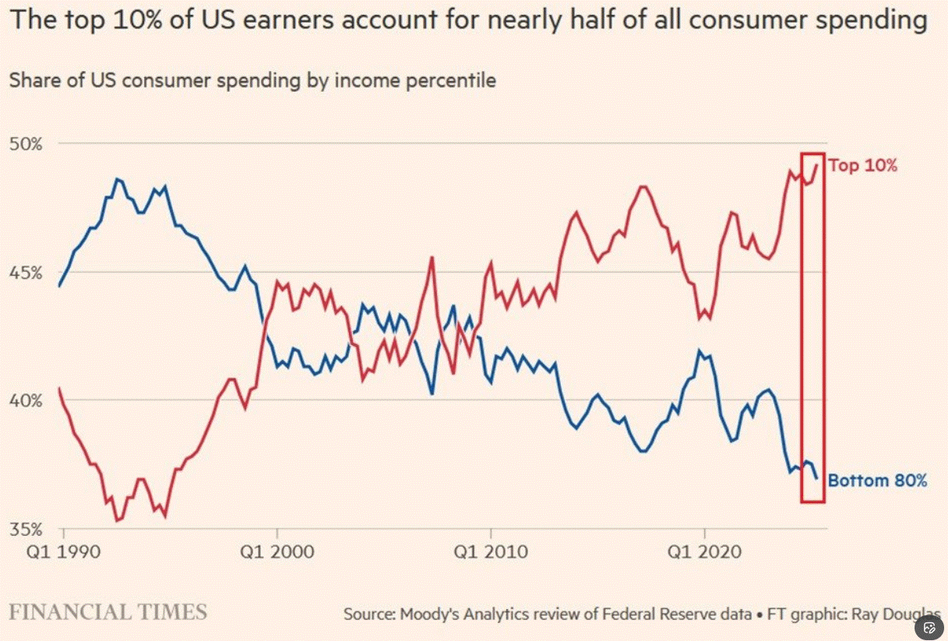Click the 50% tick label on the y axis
click(26, 145)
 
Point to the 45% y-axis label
click(26, 273)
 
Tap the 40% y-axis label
click(26, 400)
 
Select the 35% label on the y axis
click(26, 530)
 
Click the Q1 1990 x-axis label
click(63, 552)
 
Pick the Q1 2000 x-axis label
click(277, 552)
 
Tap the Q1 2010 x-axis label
click(491, 552)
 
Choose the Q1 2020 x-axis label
click(705, 552)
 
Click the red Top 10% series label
click(863, 165)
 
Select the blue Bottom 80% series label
click(877, 481)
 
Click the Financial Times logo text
click(108, 612)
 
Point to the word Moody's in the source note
click(429, 614)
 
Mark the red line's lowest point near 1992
click(117, 520)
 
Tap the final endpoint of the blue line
click(816, 478)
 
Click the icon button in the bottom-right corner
click(929, 628)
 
